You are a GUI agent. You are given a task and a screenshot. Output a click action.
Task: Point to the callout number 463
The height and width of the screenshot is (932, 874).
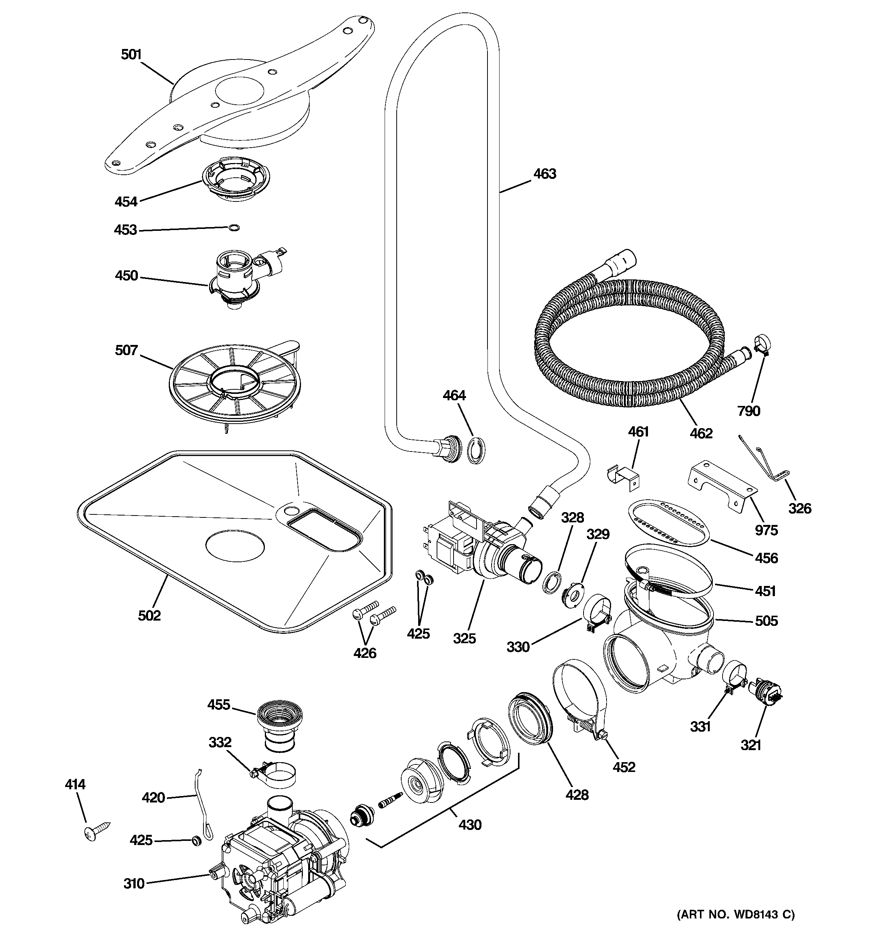(x=545, y=174)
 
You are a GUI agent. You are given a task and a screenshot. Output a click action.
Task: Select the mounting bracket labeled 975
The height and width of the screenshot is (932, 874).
(x=721, y=488)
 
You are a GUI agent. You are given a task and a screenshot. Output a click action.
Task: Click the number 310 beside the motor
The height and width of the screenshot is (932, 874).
(x=134, y=884)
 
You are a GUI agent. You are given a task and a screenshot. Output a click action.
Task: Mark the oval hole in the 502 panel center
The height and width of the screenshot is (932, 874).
(x=235, y=546)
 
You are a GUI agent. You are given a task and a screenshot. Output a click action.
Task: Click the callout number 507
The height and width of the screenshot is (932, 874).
(x=126, y=350)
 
